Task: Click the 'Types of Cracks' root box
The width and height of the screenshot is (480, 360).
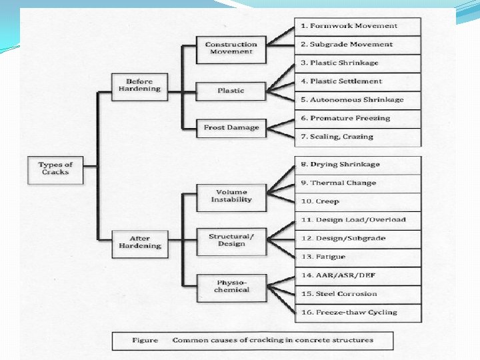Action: point(55,169)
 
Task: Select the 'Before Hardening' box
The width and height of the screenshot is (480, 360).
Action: point(139,86)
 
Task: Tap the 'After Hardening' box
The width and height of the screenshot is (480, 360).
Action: point(139,241)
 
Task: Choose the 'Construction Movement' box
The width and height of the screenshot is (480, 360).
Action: point(231,48)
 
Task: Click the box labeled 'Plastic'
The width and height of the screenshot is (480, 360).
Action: point(231,91)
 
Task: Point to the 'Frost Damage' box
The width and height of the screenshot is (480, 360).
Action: point(231,127)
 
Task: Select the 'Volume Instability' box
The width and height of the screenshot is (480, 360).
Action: point(231,196)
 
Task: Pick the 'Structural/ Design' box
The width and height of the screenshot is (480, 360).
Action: point(231,240)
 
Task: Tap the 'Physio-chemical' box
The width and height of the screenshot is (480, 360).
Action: point(231,286)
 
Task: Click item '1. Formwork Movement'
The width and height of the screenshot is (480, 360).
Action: point(358,26)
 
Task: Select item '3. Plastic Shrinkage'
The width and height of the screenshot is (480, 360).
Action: point(358,63)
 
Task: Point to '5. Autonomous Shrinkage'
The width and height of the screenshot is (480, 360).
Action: point(358,100)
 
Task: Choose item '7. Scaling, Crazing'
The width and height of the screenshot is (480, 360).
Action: point(358,137)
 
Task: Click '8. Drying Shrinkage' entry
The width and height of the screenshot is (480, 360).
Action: point(358,165)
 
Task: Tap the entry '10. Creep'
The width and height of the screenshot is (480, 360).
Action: point(358,201)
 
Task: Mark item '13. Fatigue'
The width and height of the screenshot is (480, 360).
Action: point(358,257)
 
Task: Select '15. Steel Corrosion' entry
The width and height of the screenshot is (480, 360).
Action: point(358,293)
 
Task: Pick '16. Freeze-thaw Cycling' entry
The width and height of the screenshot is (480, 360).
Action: point(358,312)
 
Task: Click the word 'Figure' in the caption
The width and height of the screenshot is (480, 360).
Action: point(145,340)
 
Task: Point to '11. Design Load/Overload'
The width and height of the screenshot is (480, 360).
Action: point(358,219)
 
